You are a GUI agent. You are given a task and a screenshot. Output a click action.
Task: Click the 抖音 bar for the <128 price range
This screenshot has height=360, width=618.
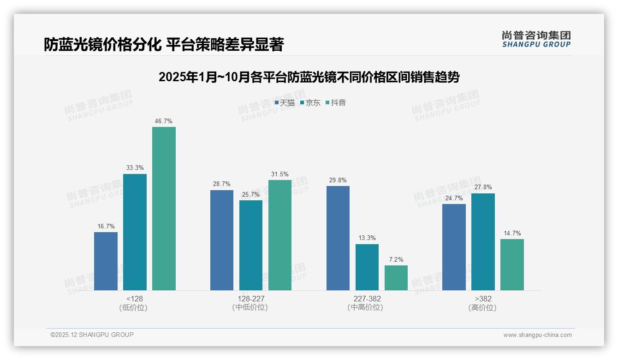(164, 209)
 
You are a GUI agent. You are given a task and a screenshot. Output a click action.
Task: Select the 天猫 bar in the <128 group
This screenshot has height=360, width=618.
(106, 261)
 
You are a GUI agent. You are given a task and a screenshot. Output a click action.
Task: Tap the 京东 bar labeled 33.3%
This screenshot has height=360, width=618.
(135, 232)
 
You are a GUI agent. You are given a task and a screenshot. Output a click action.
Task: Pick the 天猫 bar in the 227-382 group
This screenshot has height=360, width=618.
(338, 238)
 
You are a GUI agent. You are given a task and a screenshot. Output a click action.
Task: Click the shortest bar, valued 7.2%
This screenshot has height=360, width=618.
(396, 278)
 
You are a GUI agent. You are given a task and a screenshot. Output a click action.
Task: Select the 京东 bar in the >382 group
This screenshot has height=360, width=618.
(483, 242)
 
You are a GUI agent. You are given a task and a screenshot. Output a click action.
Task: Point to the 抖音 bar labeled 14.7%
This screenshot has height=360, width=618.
(512, 264)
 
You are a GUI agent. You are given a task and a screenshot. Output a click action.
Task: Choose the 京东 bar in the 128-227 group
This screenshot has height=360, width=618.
(251, 245)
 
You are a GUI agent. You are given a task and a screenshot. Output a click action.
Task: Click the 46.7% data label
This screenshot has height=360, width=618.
(164, 121)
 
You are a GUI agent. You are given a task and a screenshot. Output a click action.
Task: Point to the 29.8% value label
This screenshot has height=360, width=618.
(338, 180)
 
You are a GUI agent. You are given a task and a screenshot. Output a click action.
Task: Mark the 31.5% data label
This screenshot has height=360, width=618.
(280, 174)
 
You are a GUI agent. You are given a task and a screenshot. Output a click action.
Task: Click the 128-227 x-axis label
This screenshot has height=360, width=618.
(251, 299)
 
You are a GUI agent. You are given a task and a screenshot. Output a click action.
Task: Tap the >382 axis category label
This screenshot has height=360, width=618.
(483, 299)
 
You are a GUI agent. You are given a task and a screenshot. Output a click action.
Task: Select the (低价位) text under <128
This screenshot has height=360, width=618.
(133, 307)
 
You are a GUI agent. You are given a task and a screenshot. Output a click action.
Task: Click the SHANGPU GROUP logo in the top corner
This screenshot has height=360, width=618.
(536, 39)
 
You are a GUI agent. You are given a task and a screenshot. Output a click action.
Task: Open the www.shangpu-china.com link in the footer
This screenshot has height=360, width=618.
(537, 335)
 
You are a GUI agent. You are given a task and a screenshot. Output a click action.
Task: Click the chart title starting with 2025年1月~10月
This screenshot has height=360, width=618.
(309, 77)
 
